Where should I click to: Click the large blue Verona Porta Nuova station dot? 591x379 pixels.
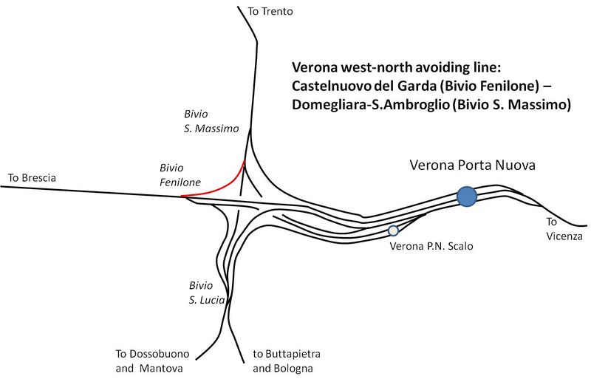466,197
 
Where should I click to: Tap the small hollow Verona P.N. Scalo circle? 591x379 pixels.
393,231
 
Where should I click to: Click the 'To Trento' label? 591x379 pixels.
271,11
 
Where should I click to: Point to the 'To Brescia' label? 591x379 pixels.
32,178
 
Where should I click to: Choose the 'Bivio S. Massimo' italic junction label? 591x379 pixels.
211,121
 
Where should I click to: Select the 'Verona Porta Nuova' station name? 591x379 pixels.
472,164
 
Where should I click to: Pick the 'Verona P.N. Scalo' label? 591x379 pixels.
430,246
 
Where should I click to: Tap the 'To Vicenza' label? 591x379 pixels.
564,229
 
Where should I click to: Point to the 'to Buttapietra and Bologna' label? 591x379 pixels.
287,361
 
